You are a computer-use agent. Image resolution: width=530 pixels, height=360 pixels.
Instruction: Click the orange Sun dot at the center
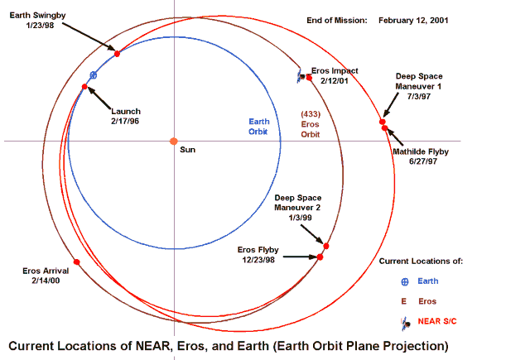tap(174, 142)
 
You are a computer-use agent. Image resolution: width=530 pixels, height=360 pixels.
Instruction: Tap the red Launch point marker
tap(84, 87)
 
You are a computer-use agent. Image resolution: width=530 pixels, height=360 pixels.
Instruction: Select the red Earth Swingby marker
tap(117, 54)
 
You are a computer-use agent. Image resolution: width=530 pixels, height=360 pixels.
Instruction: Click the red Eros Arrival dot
tap(77, 262)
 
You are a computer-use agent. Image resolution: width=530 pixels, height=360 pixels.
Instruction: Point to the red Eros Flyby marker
tap(320, 257)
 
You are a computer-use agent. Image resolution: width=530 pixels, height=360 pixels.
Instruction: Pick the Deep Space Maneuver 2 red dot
tap(325, 246)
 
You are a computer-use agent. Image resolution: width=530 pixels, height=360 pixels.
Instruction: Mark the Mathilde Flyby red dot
tap(384, 128)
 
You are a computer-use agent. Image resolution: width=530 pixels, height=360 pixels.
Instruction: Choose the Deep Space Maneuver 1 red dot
tap(383, 122)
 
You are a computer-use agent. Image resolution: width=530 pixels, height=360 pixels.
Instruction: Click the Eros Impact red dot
tap(309, 78)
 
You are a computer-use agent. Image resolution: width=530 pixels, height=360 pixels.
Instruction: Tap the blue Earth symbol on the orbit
tap(94, 75)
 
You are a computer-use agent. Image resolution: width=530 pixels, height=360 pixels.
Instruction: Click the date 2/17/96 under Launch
tap(125, 121)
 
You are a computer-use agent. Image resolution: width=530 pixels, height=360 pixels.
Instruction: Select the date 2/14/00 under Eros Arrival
tap(46, 281)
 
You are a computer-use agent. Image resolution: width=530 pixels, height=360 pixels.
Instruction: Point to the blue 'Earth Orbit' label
tap(259, 127)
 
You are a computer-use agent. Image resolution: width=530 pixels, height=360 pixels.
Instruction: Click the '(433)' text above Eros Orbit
tap(311, 114)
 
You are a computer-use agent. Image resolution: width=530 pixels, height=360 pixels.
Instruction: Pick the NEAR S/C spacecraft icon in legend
tap(406, 324)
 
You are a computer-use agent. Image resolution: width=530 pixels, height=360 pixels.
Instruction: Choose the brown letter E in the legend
tap(403, 301)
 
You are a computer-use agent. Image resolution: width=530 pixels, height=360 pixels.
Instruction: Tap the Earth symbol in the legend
tap(405, 281)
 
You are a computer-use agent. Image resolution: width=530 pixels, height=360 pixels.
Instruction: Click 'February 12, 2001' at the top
tap(413, 21)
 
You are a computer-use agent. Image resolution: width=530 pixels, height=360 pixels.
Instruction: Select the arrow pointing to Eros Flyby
tap(300, 257)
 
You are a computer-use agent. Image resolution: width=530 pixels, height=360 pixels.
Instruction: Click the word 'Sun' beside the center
tap(188, 150)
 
